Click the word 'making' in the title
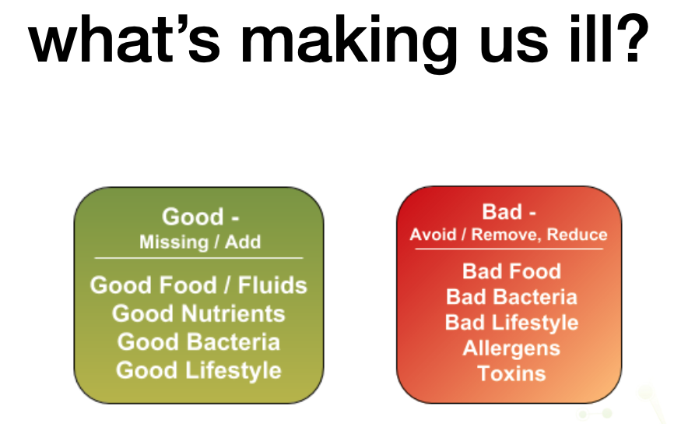pos(349,44)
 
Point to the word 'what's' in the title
pos(125,39)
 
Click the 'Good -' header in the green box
pos(200,217)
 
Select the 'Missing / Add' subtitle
pos(200,242)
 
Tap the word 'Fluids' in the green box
pos(272,285)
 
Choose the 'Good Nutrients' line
pos(198,313)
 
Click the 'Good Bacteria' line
pos(198,342)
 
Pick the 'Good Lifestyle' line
pos(198,371)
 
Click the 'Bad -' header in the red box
pos(509,212)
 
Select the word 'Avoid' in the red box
pos(433,235)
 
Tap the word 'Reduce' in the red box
pos(577,235)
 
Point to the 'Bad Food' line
pos(511,271)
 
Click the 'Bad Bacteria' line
pos(511,297)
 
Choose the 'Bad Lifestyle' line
pos(511,323)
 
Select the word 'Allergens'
pos(511,348)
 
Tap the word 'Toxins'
pos(511,373)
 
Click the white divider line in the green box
pos(198,258)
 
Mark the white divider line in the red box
pos(509,249)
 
